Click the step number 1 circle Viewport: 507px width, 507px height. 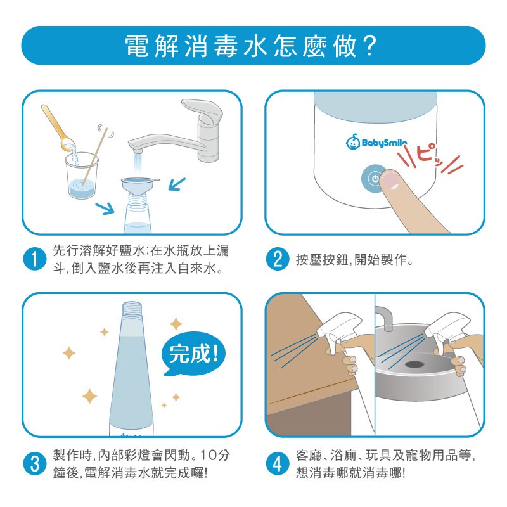(x=35, y=259)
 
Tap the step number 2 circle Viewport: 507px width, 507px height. (x=278, y=259)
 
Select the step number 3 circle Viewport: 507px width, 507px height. (x=35, y=464)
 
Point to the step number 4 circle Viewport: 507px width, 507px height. (x=278, y=464)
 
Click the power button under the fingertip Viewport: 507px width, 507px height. (x=373, y=179)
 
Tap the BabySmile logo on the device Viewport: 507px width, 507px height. (x=376, y=142)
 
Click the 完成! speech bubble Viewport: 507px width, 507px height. (x=193, y=354)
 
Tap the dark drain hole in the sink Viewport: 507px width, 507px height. (x=414, y=364)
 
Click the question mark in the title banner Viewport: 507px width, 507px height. (x=369, y=46)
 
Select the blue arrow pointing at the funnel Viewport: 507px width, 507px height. (x=177, y=184)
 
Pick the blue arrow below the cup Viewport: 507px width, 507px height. (x=105, y=209)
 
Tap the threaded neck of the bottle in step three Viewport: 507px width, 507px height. (x=132, y=311)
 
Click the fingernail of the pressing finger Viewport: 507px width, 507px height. (x=389, y=181)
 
